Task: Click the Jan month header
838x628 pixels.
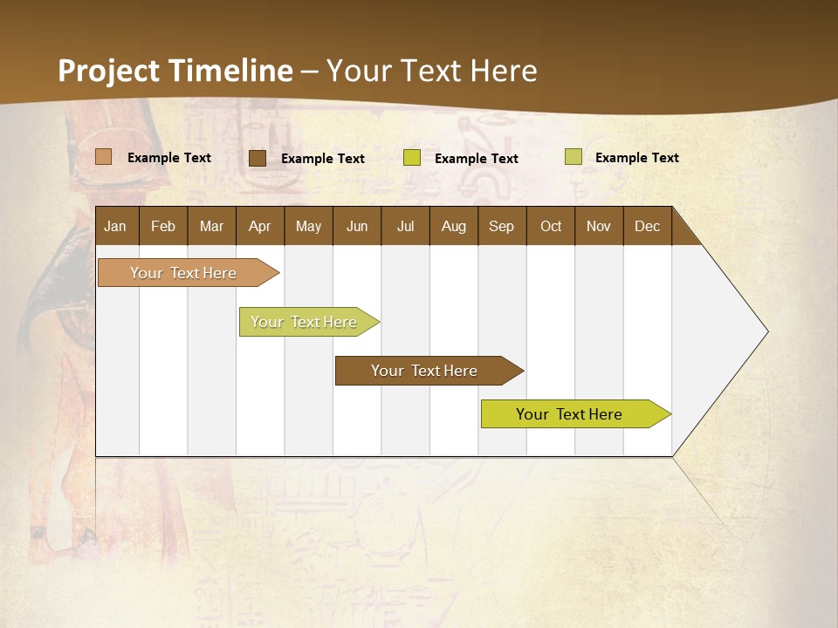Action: pyautogui.click(x=115, y=226)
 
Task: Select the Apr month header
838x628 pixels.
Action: pyautogui.click(x=259, y=226)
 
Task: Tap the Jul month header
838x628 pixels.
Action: pyautogui.click(x=405, y=226)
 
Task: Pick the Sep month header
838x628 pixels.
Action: pyautogui.click(x=501, y=226)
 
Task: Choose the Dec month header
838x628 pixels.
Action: pyautogui.click(x=647, y=226)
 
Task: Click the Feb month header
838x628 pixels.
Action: pyautogui.click(x=163, y=226)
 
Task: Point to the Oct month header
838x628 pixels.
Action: pyautogui.click(x=551, y=226)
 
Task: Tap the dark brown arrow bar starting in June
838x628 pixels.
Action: pyautogui.click(x=425, y=371)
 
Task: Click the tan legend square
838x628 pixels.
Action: pyautogui.click(x=103, y=157)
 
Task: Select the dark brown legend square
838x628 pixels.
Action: pyautogui.click(x=257, y=158)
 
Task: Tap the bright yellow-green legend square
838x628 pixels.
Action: pyautogui.click(x=412, y=158)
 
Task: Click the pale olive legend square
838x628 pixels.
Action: pyautogui.click(x=573, y=157)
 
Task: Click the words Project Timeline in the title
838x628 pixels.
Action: pyautogui.click(x=175, y=71)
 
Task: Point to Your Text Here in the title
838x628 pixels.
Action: pyautogui.click(x=432, y=71)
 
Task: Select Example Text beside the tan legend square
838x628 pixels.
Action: pyautogui.click(x=169, y=158)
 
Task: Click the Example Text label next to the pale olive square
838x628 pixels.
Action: pyautogui.click(x=637, y=158)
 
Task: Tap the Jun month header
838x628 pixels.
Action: pyautogui.click(x=357, y=226)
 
